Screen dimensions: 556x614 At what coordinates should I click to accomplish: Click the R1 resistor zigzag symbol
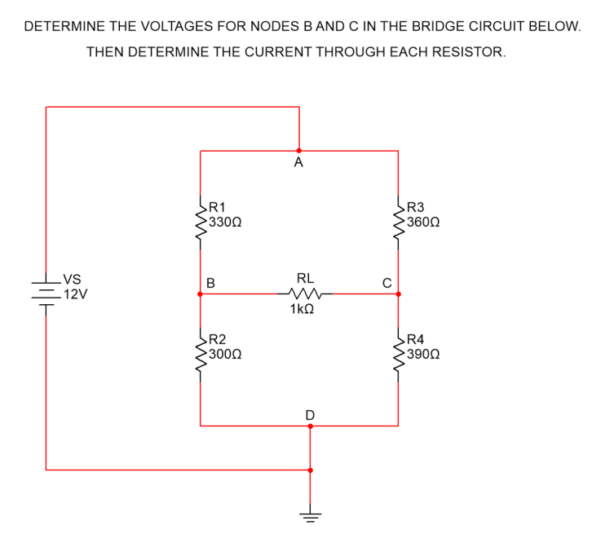(x=201, y=218)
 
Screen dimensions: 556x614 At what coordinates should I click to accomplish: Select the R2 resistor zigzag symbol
(x=201, y=351)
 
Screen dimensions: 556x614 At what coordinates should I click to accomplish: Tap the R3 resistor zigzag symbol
(x=398, y=218)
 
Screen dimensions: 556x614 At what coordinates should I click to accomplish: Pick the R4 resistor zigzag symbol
(x=398, y=351)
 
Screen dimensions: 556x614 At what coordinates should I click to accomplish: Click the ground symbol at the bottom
(x=310, y=515)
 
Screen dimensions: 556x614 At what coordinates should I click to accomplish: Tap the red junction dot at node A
(x=299, y=150)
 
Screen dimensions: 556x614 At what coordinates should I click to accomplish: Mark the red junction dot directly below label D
(x=310, y=426)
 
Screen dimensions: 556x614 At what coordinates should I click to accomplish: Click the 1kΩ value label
(x=301, y=311)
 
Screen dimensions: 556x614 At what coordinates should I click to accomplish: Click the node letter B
(x=210, y=283)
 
